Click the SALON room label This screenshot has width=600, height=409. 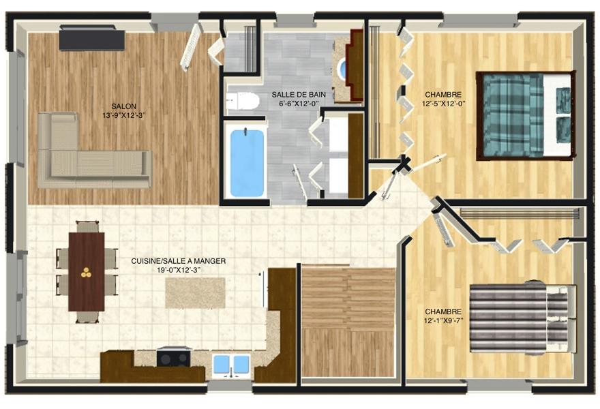123,106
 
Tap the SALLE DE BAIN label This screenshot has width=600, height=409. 299,95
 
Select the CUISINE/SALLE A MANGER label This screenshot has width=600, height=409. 179,261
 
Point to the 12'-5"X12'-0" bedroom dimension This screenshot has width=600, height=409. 443,104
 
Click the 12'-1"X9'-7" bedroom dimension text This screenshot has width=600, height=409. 443,320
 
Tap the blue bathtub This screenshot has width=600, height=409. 247,164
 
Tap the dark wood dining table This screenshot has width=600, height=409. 87,271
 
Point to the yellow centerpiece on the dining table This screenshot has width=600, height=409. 86,272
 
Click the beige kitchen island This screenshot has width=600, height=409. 195,292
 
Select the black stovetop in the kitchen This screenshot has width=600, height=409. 174,359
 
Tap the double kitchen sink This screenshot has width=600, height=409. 231,364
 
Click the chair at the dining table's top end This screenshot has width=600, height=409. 87,226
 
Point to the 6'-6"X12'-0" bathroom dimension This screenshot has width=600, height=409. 299,104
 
